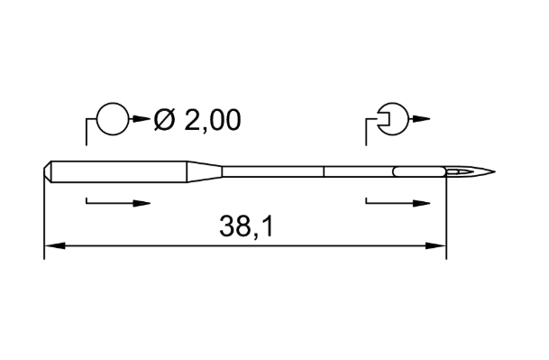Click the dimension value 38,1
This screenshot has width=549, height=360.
pyautogui.click(x=246, y=226)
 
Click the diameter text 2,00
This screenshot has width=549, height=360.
pyautogui.click(x=213, y=120)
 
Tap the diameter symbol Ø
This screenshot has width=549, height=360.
pyautogui.click(x=164, y=119)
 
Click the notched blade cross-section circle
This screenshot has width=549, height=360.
pyautogui.click(x=407, y=119)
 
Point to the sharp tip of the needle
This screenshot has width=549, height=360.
pyautogui.click(x=495, y=171)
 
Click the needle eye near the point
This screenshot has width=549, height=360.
pyautogui.click(x=458, y=171)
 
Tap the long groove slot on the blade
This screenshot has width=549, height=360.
pyautogui.click(x=419, y=171)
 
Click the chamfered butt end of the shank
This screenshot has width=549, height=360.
pyautogui.click(x=48, y=171)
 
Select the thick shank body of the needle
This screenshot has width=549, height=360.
pyautogui.click(x=119, y=171)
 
